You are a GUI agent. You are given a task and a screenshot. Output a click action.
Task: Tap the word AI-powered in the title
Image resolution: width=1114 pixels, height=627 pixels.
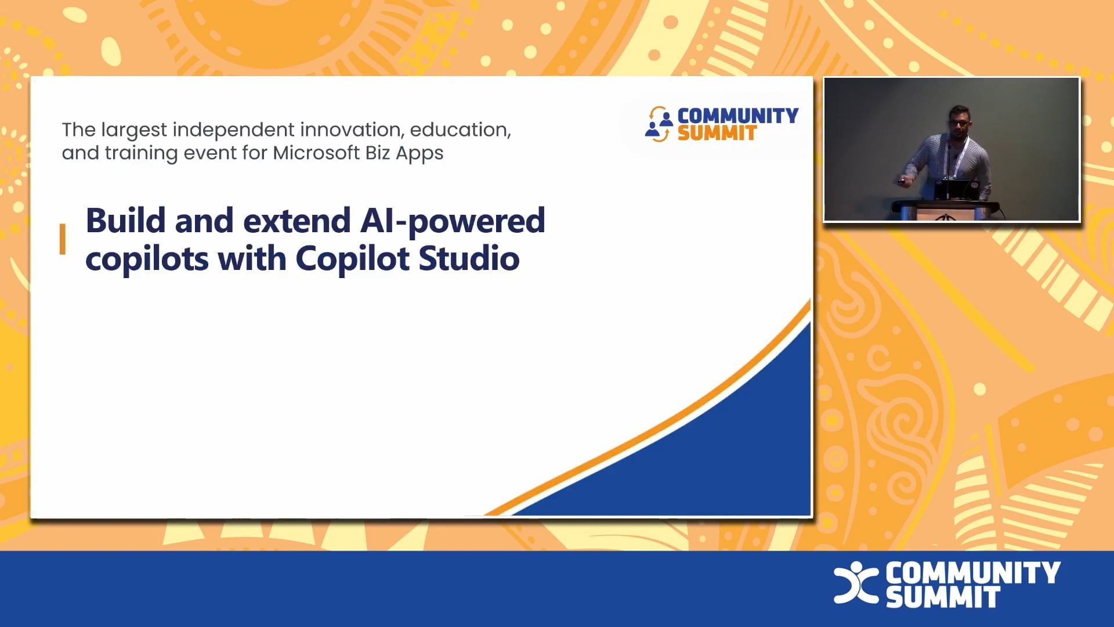pyautogui.click(x=453, y=222)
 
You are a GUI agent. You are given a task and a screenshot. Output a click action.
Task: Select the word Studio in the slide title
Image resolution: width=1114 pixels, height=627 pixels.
pyautogui.click(x=469, y=258)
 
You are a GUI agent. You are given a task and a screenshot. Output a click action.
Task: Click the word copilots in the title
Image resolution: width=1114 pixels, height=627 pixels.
pyautogui.click(x=147, y=259)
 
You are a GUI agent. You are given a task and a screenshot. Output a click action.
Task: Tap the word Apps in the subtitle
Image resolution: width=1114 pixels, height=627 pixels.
pyautogui.click(x=419, y=153)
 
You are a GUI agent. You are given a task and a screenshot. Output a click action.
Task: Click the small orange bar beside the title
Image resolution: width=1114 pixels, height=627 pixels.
pyautogui.click(x=63, y=239)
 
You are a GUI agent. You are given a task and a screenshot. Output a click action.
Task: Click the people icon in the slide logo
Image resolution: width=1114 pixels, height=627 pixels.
pyautogui.click(x=659, y=124)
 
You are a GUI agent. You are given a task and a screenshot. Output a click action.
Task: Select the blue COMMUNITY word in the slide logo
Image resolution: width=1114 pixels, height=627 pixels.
pyautogui.click(x=737, y=116)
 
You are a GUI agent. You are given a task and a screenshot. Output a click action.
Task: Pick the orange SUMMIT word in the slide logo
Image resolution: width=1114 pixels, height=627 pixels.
pyautogui.click(x=717, y=134)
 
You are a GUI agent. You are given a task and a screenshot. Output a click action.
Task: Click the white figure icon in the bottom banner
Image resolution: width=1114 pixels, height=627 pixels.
pyautogui.click(x=856, y=582)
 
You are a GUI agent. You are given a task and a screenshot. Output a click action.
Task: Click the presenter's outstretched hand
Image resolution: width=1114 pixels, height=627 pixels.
pyautogui.click(x=902, y=181)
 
